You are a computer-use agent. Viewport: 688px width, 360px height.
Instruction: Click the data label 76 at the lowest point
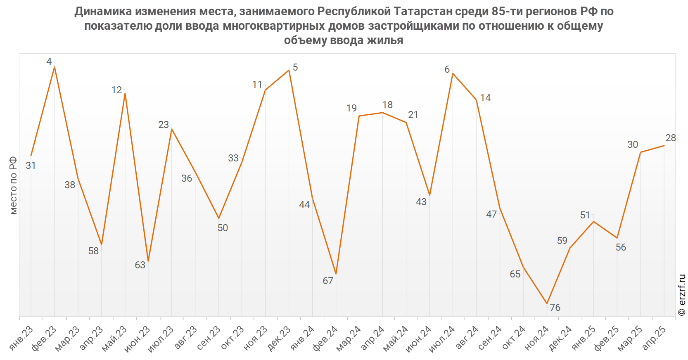(x=555, y=308)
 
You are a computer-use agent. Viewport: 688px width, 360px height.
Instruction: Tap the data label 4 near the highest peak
(x=49, y=62)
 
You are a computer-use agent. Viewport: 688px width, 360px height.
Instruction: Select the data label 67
(x=328, y=281)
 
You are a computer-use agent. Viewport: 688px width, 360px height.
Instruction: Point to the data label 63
(x=140, y=265)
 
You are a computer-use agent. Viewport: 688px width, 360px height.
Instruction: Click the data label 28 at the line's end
(x=671, y=138)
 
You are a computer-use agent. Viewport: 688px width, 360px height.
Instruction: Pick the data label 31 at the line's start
(x=31, y=166)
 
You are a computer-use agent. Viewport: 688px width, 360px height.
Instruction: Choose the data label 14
(x=485, y=98)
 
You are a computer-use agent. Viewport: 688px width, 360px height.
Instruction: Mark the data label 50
(x=223, y=228)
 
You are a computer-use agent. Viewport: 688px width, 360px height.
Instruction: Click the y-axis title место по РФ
(x=14, y=185)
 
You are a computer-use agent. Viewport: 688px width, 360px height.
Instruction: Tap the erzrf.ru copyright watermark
(x=682, y=295)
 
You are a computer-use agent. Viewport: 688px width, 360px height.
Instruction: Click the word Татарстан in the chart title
(x=423, y=11)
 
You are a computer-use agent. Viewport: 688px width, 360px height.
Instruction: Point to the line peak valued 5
(x=289, y=70)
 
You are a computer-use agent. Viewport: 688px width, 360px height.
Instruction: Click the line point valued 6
(x=453, y=73)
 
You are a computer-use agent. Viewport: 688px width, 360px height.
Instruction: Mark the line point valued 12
(x=125, y=93)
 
